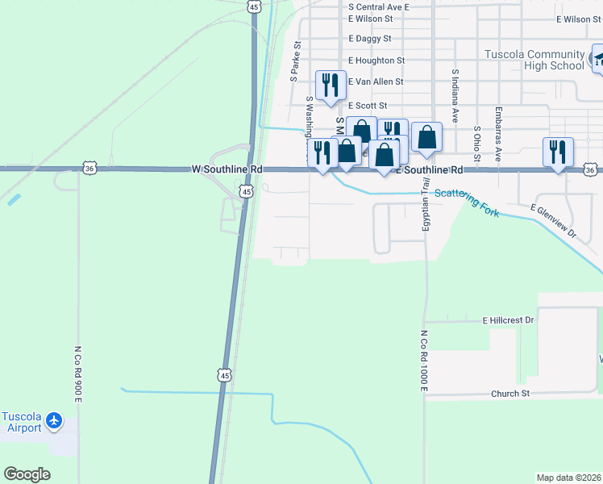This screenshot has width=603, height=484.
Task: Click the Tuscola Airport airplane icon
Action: pyautogui.click(x=55, y=420)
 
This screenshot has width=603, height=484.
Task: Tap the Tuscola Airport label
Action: pyautogui.click(x=22, y=422)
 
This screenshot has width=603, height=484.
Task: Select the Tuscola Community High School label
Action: pyautogui.click(x=534, y=60)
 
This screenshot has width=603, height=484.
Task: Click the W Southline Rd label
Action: pyautogui.click(x=227, y=170)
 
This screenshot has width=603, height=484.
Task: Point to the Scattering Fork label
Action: pyautogui.click(x=467, y=203)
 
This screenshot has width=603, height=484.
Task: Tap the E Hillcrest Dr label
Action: pyautogui.click(x=508, y=320)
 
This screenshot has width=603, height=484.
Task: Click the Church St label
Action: pyautogui.click(x=510, y=394)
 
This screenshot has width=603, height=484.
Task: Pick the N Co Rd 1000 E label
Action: pyautogui.click(x=423, y=361)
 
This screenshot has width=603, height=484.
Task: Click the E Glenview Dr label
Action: pyautogui.click(x=554, y=221)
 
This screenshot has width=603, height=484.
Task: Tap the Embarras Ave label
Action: pyautogui.click(x=499, y=133)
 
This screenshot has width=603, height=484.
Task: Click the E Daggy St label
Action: pyautogui.click(x=369, y=38)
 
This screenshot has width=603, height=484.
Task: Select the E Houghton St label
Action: pyautogui.click(x=376, y=60)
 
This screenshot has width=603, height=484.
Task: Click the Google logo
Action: pyautogui.click(x=27, y=474)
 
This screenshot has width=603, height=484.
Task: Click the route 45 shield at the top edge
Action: pyautogui.click(x=254, y=6)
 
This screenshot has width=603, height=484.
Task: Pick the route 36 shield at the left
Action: pyautogui.click(x=89, y=168)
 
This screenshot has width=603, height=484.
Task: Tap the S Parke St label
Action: pyautogui.click(x=295, y=62)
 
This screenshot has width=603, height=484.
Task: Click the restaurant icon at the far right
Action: pyautogui.click(x=557, y=152)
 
